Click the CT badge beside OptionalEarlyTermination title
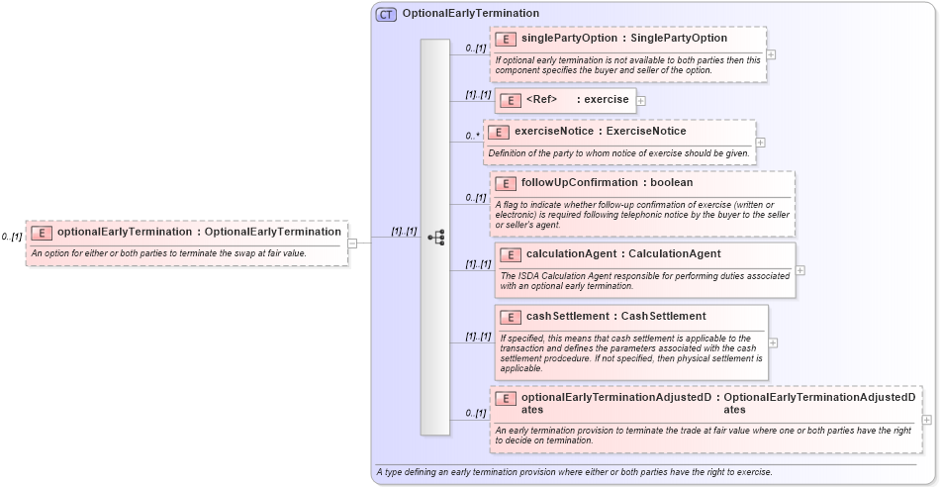pos(386,14)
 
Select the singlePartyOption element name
pos(556,39)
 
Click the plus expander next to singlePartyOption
pos(771,54)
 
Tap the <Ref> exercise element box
pos(565,100)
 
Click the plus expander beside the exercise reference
pos(641,100)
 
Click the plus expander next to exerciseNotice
pos(760,143)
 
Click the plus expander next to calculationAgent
pos(799,270)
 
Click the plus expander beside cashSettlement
pos(773,342)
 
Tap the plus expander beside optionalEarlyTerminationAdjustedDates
pos(926,420)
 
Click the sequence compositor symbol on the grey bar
pos(435,238)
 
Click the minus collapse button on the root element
pos(352,243)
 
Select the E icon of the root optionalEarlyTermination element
pos(42,233)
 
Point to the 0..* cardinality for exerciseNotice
pos(471,137)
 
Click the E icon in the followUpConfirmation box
pos(505,183)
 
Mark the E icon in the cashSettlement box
pos(511,318)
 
